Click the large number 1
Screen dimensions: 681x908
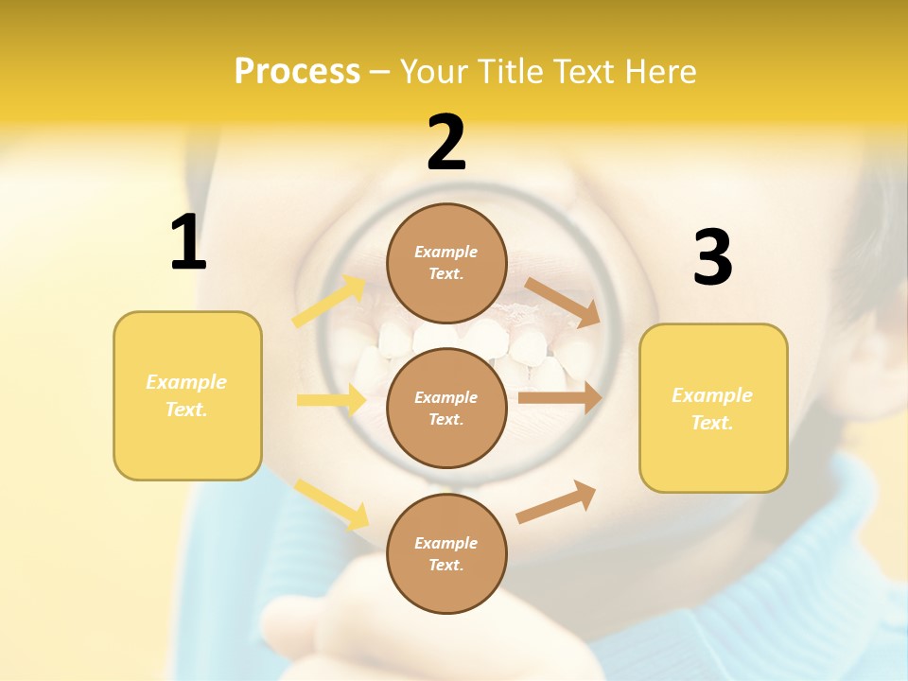click(x=188, y=243)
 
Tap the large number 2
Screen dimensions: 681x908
click(x=446, y=143)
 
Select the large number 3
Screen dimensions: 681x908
click(x=712, y=257)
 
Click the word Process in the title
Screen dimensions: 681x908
click(x=297, y=72)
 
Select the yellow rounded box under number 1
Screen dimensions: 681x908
click(x=187, y=395)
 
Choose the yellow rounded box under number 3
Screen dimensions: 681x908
click(x=713, y=408)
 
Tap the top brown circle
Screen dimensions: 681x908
click(x=446, y=262)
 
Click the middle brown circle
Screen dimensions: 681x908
click(x=446, y=408)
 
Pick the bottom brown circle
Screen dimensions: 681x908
click(x=446, y=553)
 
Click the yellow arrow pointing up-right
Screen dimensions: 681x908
click(x=329, y=302)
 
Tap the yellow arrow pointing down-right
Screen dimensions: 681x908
click(x=331, y=503)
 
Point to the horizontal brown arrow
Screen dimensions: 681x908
click(x=559, y=398)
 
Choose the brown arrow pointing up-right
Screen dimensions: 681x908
click(x=556, y=501)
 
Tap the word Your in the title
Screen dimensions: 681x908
click(x=433, y=72)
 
